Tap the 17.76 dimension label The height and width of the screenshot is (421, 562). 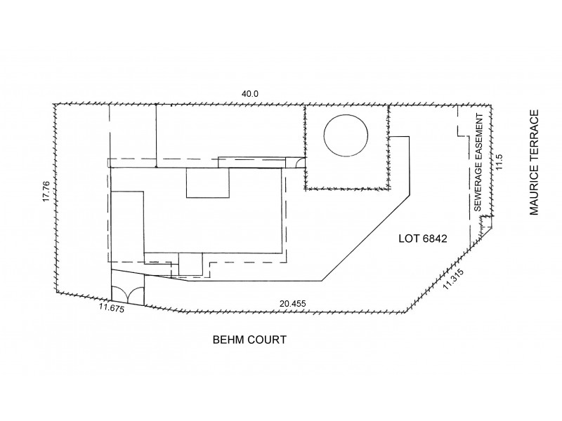pos(45,192)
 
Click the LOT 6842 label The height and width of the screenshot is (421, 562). pos(419,239)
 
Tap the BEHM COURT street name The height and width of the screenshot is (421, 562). pos(249,340)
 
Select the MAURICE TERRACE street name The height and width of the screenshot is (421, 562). pos(535,163)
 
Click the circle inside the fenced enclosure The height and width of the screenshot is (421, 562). pos(345,137)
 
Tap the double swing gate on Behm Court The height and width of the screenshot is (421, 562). pos(127,295)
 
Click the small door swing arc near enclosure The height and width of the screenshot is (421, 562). pos(300,163)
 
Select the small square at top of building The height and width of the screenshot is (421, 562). pos(207,183)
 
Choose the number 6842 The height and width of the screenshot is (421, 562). pos(430,239)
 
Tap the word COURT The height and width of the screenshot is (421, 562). pos(268,340)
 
